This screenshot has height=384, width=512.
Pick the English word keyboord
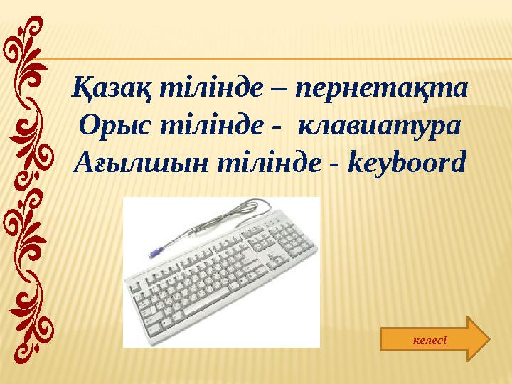407,164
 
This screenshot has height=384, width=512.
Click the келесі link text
430,341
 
